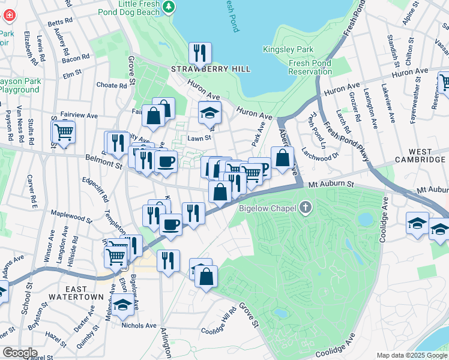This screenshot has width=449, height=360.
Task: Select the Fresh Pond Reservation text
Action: pos(310,67)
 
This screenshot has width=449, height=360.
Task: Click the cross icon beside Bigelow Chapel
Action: pos(306,208)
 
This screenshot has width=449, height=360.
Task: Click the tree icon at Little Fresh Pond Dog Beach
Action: pos(170,6)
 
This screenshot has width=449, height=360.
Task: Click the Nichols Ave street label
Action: pos(139,325)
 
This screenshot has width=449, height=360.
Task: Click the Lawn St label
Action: pos(199,137)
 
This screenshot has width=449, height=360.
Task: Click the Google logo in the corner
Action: pos(20,353)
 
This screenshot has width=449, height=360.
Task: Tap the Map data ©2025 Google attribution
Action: pos(411,355)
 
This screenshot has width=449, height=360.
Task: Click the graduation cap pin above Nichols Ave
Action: pos(123,305)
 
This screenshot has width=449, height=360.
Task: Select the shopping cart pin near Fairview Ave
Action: pos(64,131)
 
